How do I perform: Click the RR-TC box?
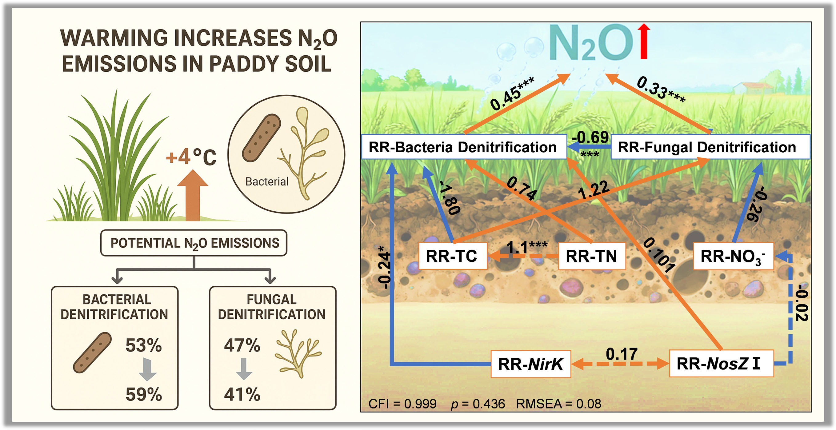coord(453,256)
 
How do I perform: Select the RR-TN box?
coord(592,256)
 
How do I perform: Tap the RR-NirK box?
coord(530,364)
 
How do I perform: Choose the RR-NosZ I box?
coord(722,364)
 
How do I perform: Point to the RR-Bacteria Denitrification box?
coord(464,147)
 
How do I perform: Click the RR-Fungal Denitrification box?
coord(710,147)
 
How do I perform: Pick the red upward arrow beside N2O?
coord(644,41)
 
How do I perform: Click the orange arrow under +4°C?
coord(193,195)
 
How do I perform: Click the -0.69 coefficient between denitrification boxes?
coord(590,137)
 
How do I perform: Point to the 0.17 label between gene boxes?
coord(622,354)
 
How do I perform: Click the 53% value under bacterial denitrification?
coord(143,345)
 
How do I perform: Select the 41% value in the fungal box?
coord(242,394)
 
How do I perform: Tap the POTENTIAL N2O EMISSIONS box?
coord(194,243)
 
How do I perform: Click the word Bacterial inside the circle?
coord(267,182)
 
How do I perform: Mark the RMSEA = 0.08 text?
coord(558,404)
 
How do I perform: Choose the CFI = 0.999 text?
coord(402,404)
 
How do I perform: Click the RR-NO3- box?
coord(734,256)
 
